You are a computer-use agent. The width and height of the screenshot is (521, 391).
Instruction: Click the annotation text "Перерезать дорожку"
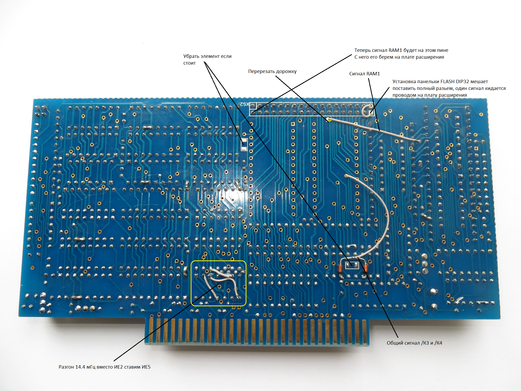pyautogui.click(x=272, y=71)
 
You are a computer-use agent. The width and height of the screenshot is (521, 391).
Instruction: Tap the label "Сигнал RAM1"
pyautogui.click(x=364, y=74)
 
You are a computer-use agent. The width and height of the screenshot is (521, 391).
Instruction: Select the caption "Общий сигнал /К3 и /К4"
pyautogui.click(x=414, y=343)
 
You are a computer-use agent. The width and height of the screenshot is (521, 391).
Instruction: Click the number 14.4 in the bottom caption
pyautogui.click(x=80, y=367)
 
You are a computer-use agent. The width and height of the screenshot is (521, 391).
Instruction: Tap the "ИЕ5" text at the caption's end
pyautogui.click(x=146, y=367)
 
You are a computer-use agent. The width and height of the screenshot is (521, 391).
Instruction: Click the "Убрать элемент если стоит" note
pyautogui.click(x=207, y=59)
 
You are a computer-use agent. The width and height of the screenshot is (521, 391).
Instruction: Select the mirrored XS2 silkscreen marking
pyautogui.click(x=244, y=104)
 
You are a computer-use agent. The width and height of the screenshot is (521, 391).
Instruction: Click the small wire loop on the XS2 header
pyautogui.click(x=367, y=110)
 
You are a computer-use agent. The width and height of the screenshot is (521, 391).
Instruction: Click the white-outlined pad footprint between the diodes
pyautogui.click(x=352, y=265)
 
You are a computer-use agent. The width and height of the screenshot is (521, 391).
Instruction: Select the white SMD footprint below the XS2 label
pyautogui.click(x=244, y=144)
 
